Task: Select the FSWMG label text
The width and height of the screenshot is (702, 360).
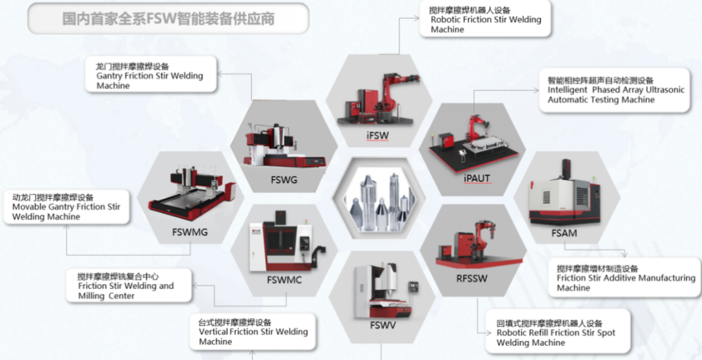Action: (190, 232)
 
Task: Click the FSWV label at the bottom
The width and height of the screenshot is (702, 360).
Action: (383, 325)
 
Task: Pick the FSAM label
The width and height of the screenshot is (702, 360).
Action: (563, 233)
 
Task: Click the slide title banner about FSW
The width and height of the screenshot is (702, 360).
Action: (168, 19)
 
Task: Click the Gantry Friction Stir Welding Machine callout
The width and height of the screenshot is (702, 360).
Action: (149, 75)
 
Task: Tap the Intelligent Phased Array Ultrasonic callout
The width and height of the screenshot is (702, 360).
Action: (614, 90)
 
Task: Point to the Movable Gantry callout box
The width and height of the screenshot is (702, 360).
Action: (66, 207)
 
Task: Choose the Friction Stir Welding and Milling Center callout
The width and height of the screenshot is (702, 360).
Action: (129, 286)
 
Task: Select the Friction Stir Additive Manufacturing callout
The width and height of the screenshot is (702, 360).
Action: (625, 278)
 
